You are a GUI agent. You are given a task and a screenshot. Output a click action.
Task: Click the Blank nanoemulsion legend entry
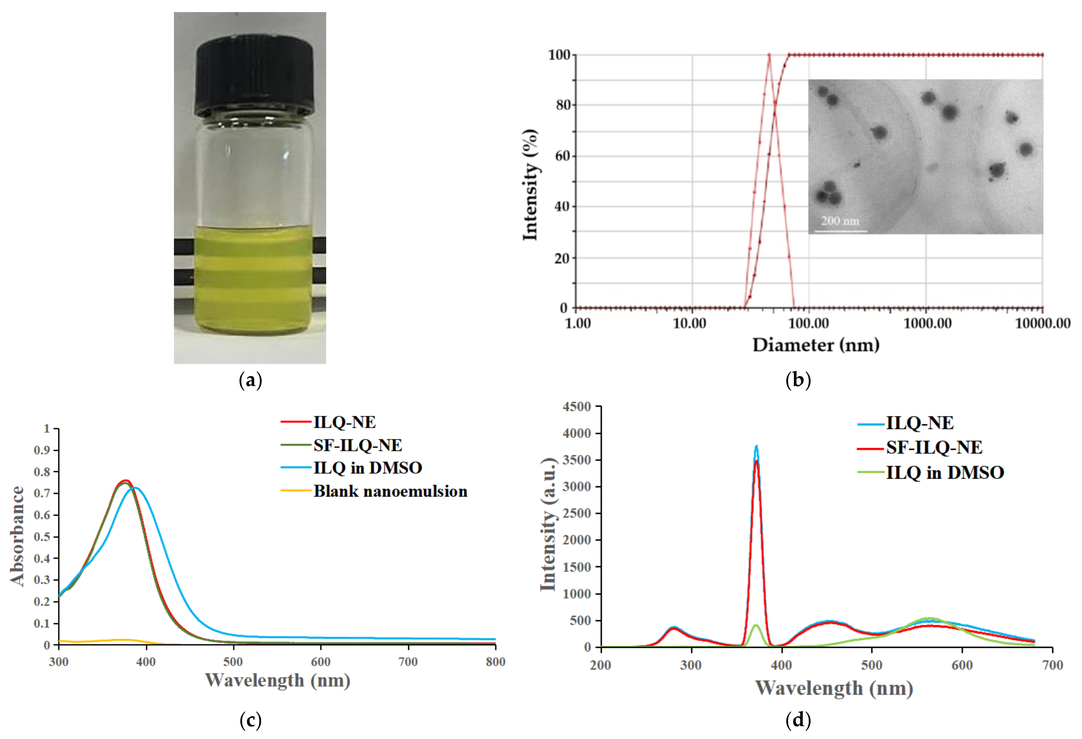[390, 491]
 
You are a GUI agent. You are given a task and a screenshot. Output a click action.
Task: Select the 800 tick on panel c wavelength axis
[495, 662]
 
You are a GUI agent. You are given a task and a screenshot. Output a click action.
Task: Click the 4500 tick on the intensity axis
[577, 407]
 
